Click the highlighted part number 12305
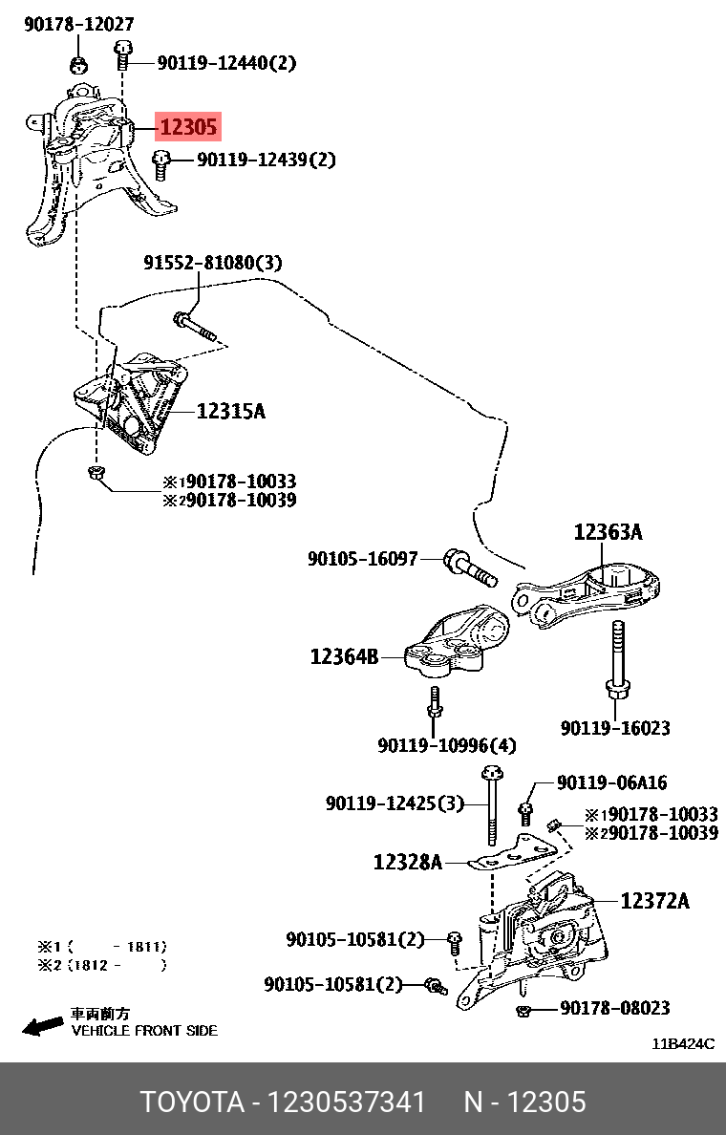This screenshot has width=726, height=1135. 188,126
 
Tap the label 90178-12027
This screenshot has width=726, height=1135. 78,25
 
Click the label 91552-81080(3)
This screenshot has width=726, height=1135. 213,262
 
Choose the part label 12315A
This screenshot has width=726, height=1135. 230,412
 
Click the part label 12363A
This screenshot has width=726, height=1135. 608,532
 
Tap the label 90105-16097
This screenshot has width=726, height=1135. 362,558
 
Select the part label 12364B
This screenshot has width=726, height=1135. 343,656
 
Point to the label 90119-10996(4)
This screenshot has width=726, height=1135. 446,745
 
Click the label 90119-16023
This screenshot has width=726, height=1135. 615,728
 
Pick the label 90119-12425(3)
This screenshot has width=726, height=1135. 395,804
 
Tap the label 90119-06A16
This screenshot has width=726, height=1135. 611,783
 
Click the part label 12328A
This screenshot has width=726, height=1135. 407,863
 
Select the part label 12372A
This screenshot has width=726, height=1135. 654,900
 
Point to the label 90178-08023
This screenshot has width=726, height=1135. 614,1008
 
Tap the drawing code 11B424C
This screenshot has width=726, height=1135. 683,1044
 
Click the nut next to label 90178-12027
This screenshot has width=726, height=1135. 78,65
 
